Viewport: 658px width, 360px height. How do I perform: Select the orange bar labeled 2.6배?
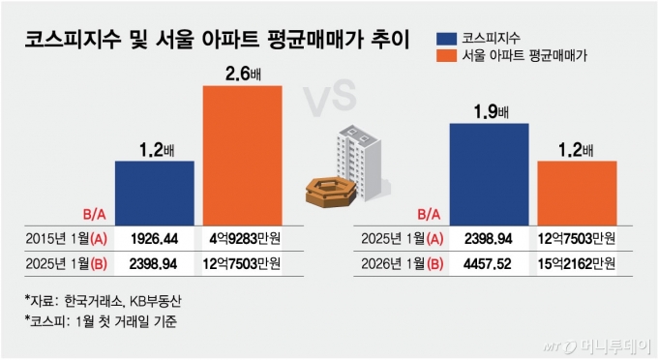(x=242, y=155)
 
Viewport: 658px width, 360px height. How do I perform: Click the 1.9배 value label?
(x=488, y=111)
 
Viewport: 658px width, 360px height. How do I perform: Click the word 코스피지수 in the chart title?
(x=71, y=41)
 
